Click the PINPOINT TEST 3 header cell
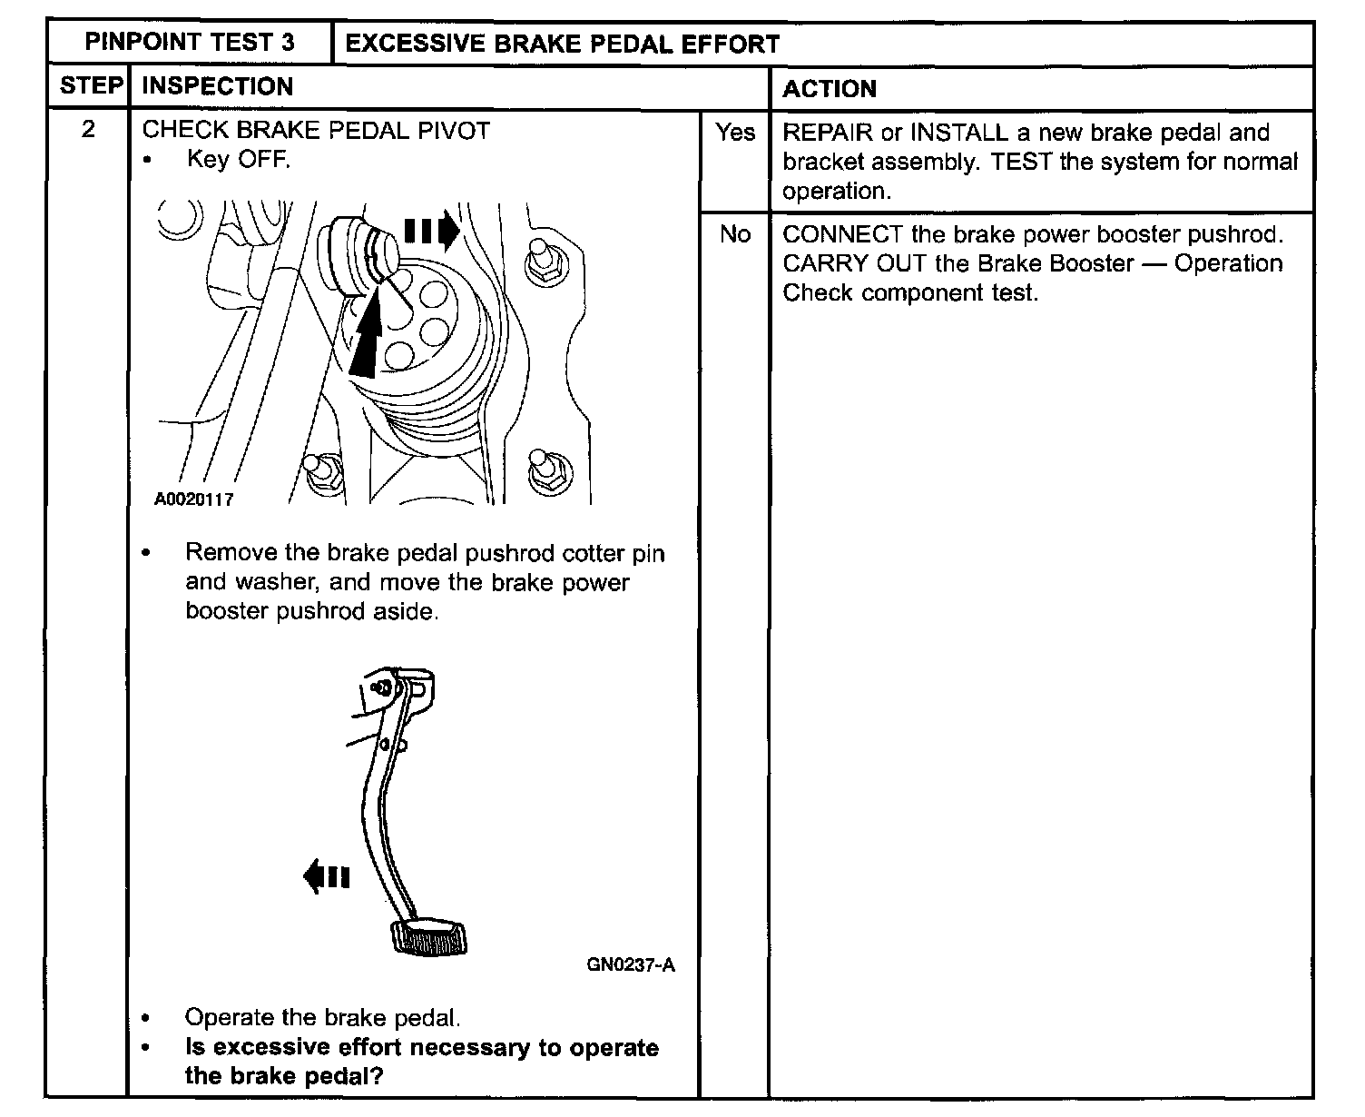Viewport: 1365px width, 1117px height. [190, 43]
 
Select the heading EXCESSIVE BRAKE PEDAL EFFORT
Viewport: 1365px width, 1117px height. [563, 44]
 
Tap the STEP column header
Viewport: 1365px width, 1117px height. [90, 86]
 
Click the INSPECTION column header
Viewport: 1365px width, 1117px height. [218, 86]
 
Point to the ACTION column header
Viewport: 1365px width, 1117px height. [830, 88]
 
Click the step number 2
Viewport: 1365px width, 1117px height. [88, 129]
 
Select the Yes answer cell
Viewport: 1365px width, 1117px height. [734, 133]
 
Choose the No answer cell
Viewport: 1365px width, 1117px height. [734, 234]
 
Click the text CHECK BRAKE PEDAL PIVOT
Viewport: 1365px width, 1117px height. [316, 130]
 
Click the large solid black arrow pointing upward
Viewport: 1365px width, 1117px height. [365, 341]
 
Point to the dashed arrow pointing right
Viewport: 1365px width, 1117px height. [432, 232]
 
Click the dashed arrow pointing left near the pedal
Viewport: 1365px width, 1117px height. [326, 876]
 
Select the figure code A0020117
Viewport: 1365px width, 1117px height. [193, 499]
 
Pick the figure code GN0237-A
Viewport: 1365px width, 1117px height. [630, 964]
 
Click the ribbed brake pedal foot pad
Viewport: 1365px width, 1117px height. [430, 938]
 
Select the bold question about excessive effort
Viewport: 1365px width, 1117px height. [421, 1061]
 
